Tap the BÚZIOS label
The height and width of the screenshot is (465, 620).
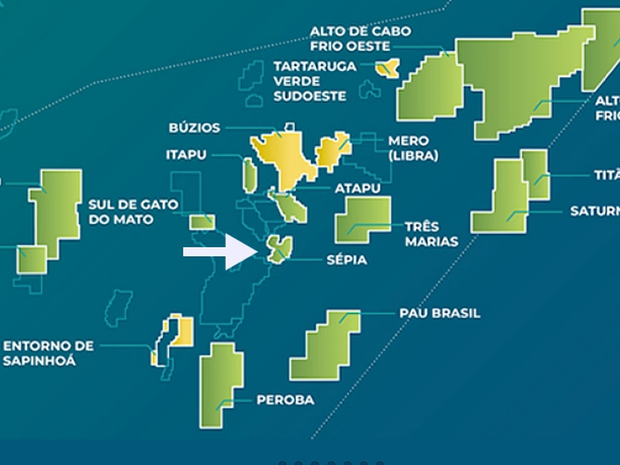pos(194,128)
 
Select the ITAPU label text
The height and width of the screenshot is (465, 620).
pos(185,155)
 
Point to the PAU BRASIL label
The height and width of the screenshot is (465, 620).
pos(439,313)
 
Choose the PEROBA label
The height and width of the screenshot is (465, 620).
pos(285,400)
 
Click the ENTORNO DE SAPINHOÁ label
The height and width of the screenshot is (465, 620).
pos(48,353)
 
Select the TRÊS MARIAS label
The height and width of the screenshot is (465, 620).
pos(431,233)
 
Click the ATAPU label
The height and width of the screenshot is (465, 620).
pos(358,188)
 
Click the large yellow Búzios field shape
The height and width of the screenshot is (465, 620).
pos(285,161)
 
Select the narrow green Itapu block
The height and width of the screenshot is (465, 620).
pos(250,174)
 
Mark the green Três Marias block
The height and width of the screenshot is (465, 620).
pos(362,219)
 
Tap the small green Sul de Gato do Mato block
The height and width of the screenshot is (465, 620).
pos(202,222)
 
